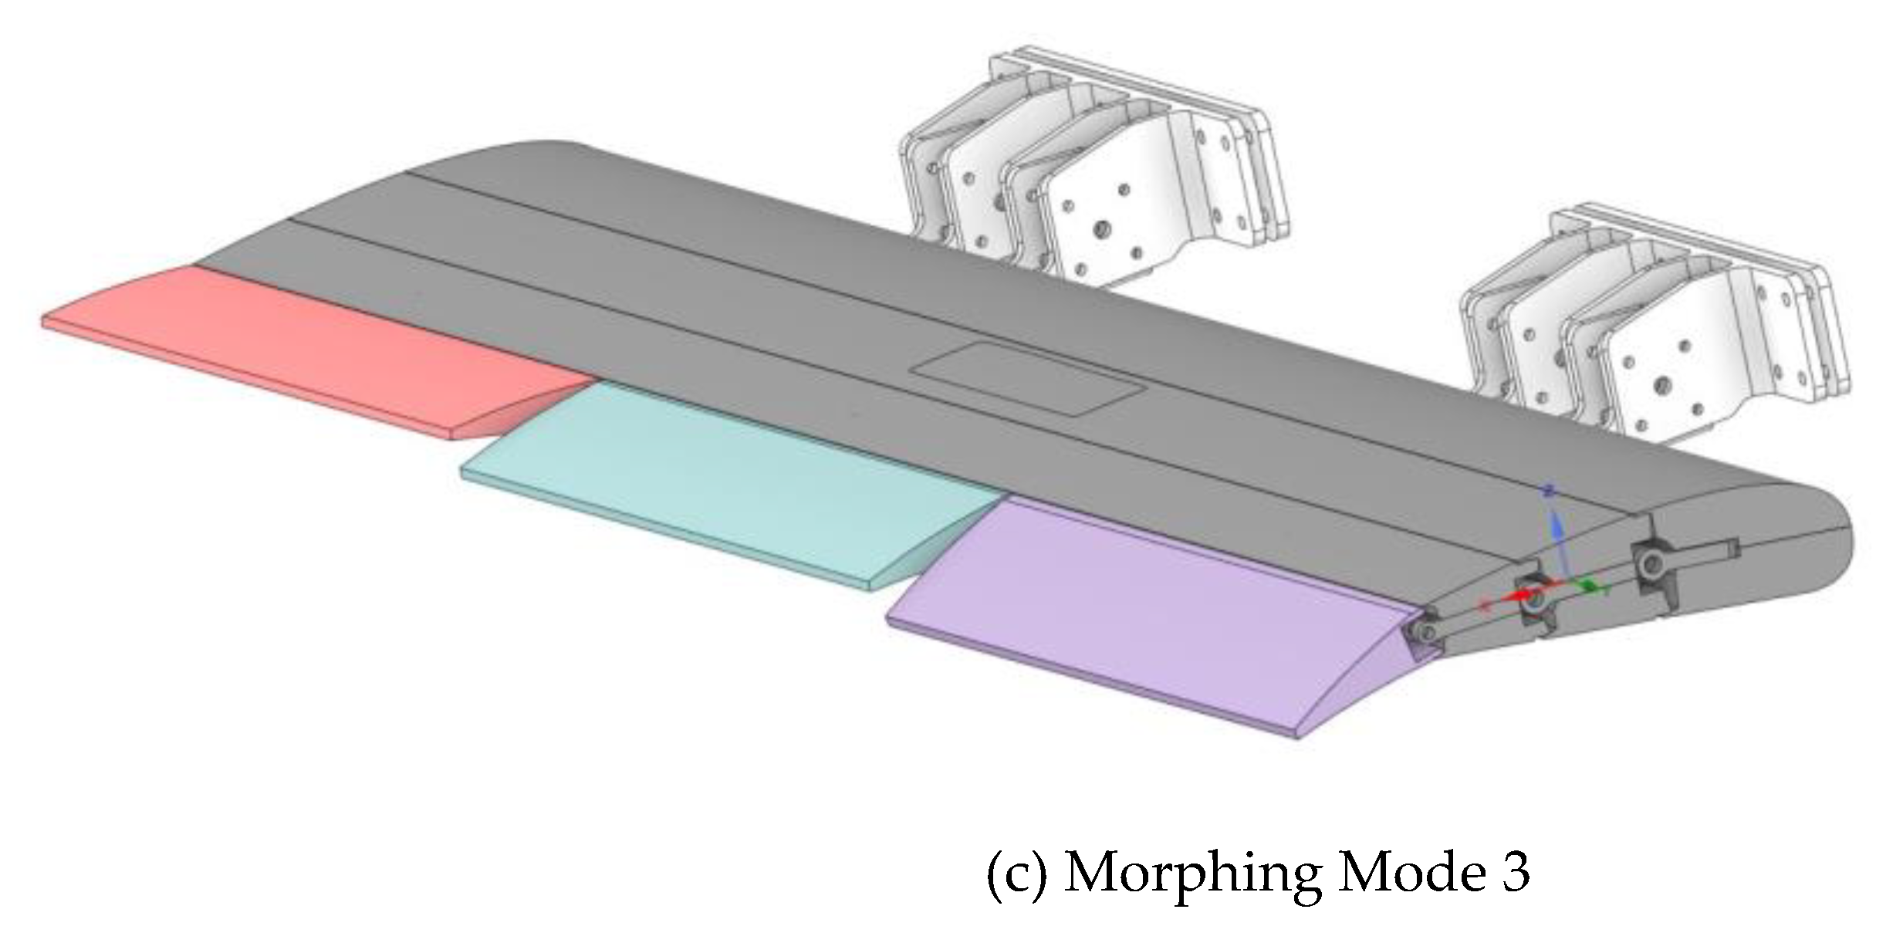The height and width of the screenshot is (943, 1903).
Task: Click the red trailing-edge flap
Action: (x=309, y=347)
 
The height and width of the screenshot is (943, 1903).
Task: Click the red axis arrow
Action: (x=1516, y=597)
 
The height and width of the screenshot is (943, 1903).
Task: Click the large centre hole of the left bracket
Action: (x=1102, y=229)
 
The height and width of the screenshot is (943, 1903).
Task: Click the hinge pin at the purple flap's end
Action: (x=1418, y=633)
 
